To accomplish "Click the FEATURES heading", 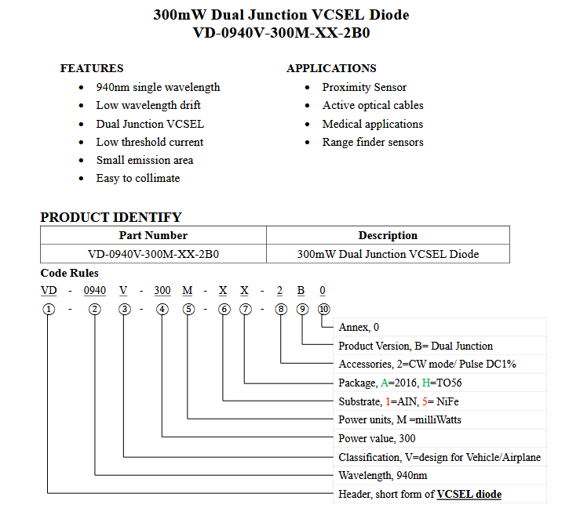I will pyautogui.click(x=92, y=68).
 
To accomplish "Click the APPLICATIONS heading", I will pyautogui.click(x=331, y=68).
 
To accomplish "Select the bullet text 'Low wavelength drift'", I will pyautogui.click(x=148, y=105).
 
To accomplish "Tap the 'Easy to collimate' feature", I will pyautogui.click(x=138, y=178).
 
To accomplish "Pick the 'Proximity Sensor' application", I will pyautogui.click(x=364, y=87).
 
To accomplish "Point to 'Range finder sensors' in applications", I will pyautogui.click(x=373, y=142).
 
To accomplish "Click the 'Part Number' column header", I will pyautogui.click(x=153, y=235).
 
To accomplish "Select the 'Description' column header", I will pyautogui.click(x=388, y=235).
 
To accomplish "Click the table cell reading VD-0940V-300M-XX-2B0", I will pyautogui.click(x=153, y=254).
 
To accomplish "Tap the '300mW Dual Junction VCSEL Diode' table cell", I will pyautogui.click(x=388, y=254).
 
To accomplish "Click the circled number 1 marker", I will pyautogui.click(x=49, y=309).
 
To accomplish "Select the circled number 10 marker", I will pyautogui.click(x=323, y=309).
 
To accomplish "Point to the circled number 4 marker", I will pyautogui.click(x=162, y=309).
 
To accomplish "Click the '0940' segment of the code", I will pyautogui.click(x=95, y=291).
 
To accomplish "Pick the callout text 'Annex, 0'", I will pyautogui.click(x=359, y=327).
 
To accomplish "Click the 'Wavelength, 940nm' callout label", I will pyautogui.click(x=383, y=475).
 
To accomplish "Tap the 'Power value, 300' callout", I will pyautogui.click(x=377, y=438).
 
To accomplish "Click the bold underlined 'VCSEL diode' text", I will pyautogui.click(x=469, y=494).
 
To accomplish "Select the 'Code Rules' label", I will pyautogui.click(x=70, y=273).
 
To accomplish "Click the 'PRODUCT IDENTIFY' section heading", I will pyautogui.click(x=111, y=217).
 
